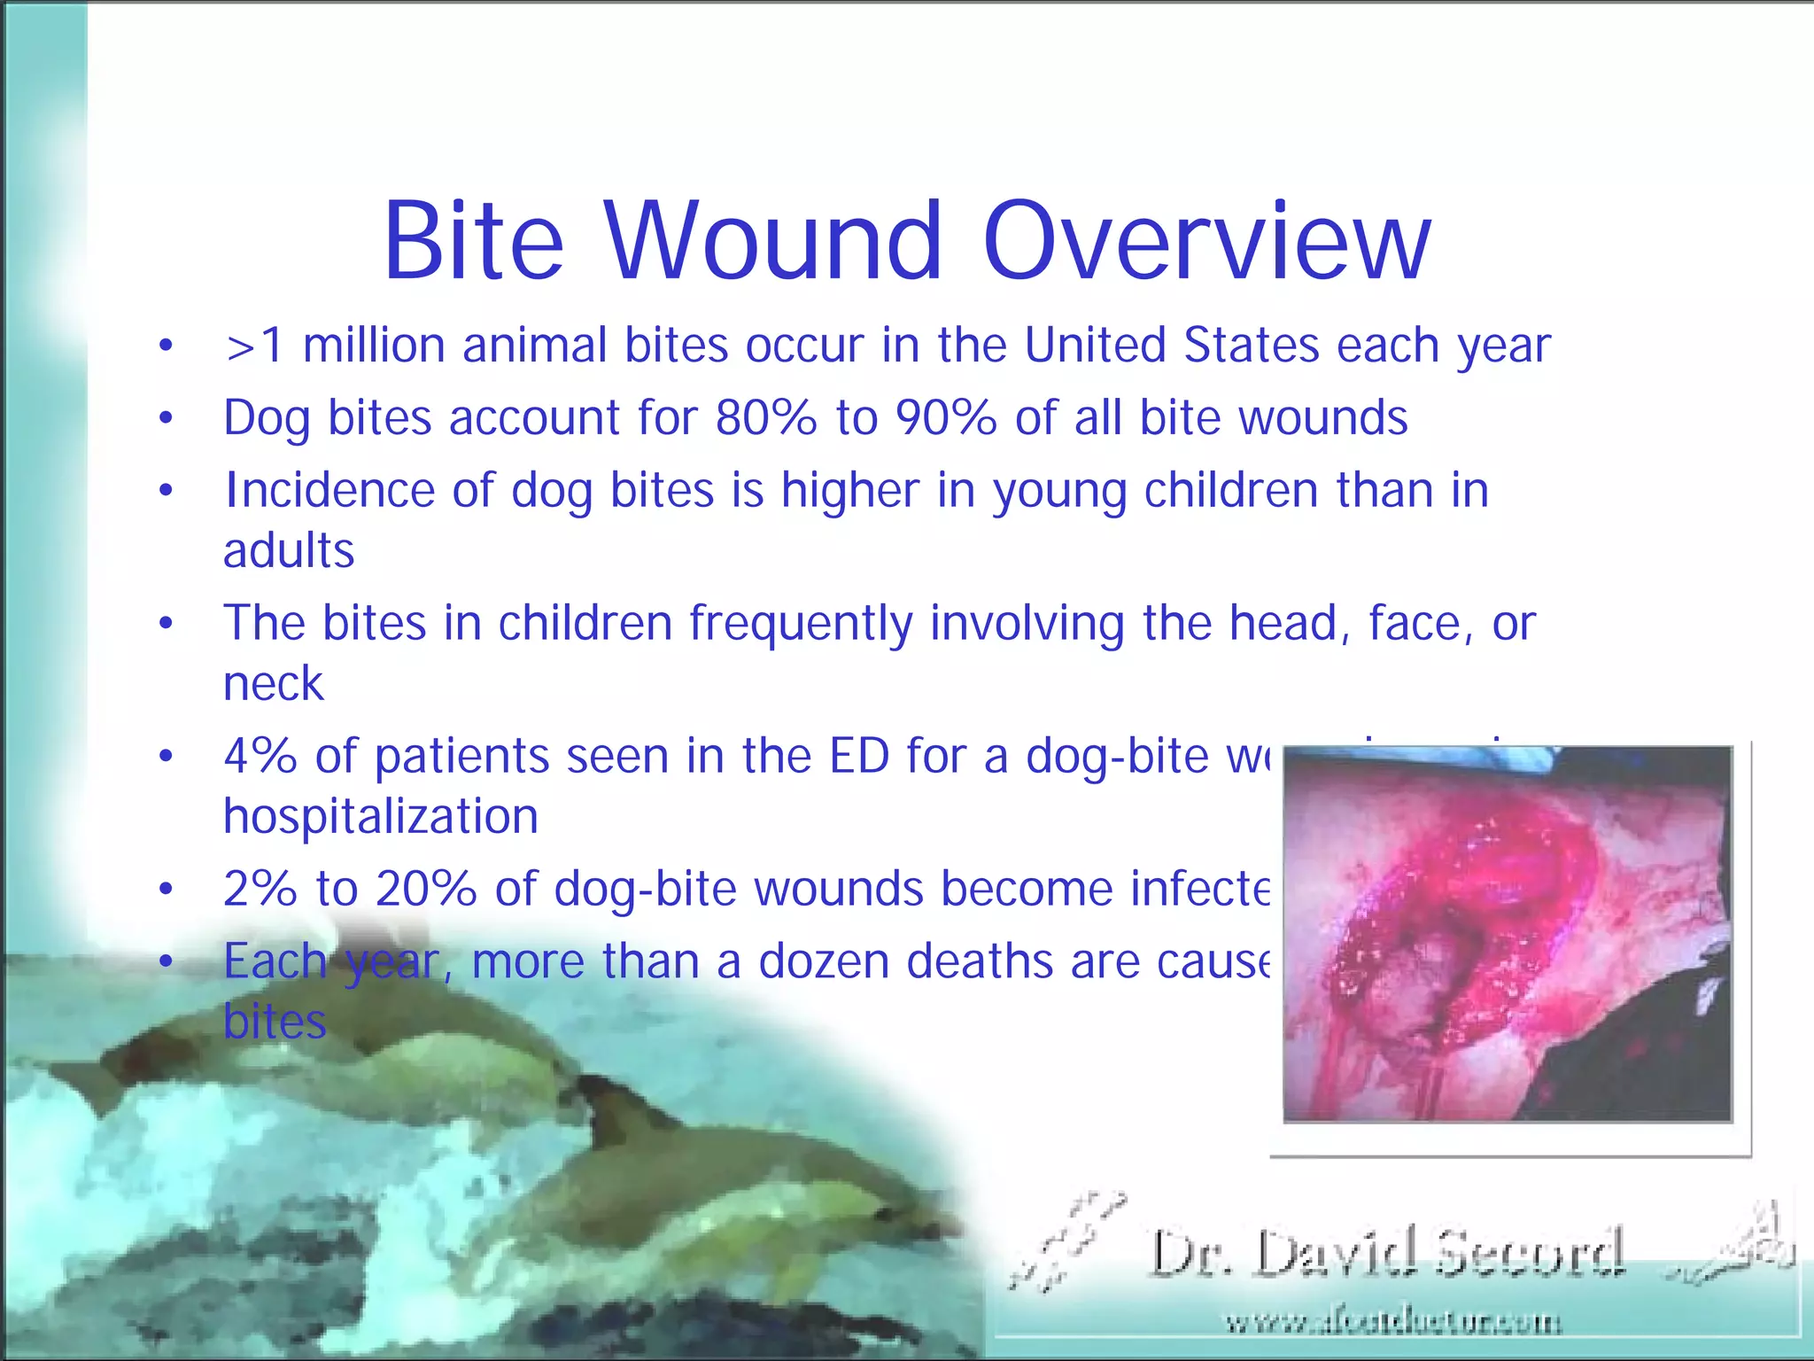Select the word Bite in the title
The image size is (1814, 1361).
[x=473, y=241]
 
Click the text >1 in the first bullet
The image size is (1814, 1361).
[x=254, y=346]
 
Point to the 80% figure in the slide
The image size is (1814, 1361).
[x=765, y=417]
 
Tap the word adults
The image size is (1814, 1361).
[x=289, y=550]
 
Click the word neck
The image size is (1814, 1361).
[x=274, y=683]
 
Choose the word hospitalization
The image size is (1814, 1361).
[x=381, y=816]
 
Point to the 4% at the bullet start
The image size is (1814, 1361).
[x=260, y=756]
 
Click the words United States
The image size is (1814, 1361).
[x=1172, y=346]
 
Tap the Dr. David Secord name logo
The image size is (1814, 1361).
[x=1387, y=1252]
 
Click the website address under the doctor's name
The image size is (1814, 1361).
[x=1392, y=1323]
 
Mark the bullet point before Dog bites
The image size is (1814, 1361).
[x=166, y=417]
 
